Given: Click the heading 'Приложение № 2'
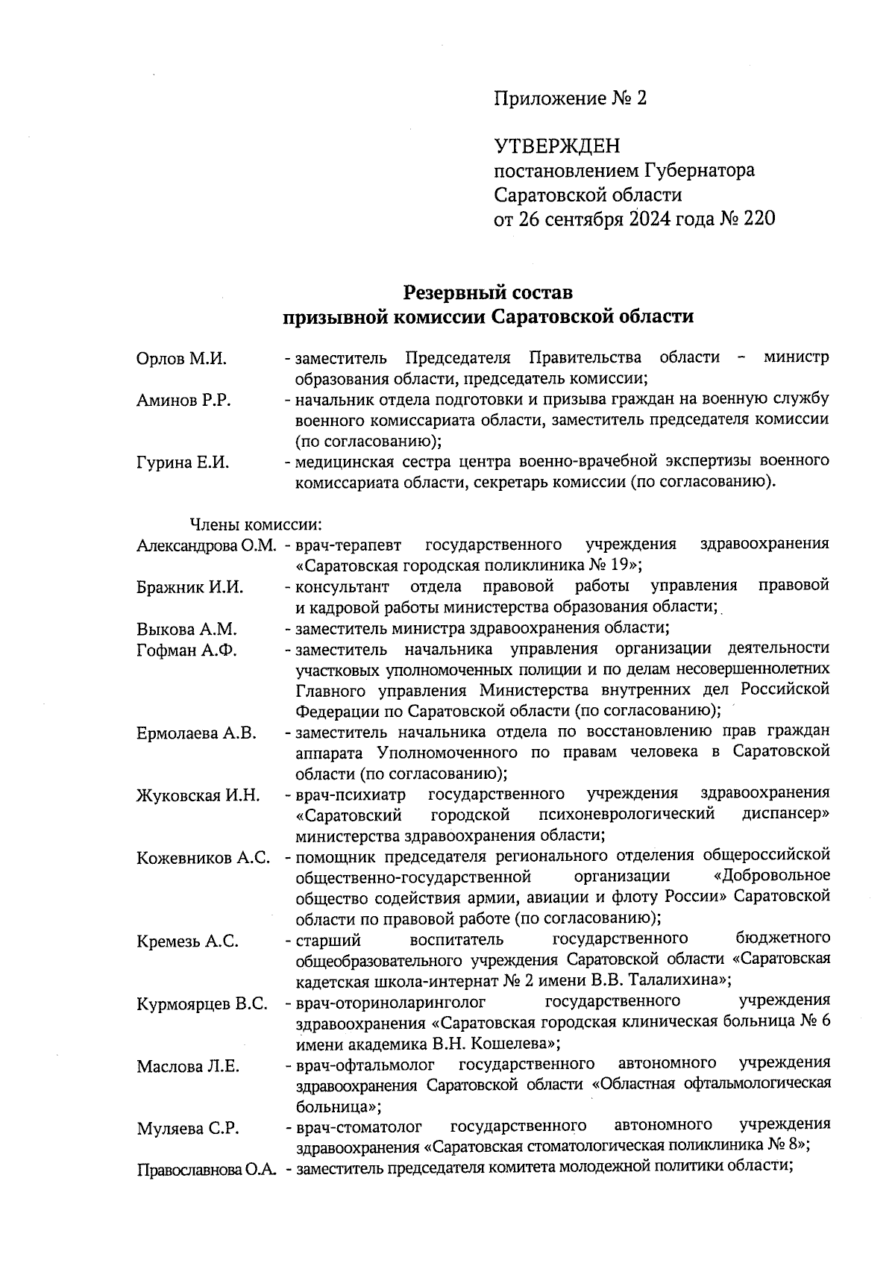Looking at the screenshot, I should [571, 98].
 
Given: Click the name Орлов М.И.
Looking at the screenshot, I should [181, 359].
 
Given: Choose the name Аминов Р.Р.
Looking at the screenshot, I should [183, 401].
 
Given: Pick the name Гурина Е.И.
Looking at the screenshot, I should [183, 463].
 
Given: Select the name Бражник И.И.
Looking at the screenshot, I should [190, 587].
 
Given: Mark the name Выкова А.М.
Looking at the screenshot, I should [186, 629].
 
